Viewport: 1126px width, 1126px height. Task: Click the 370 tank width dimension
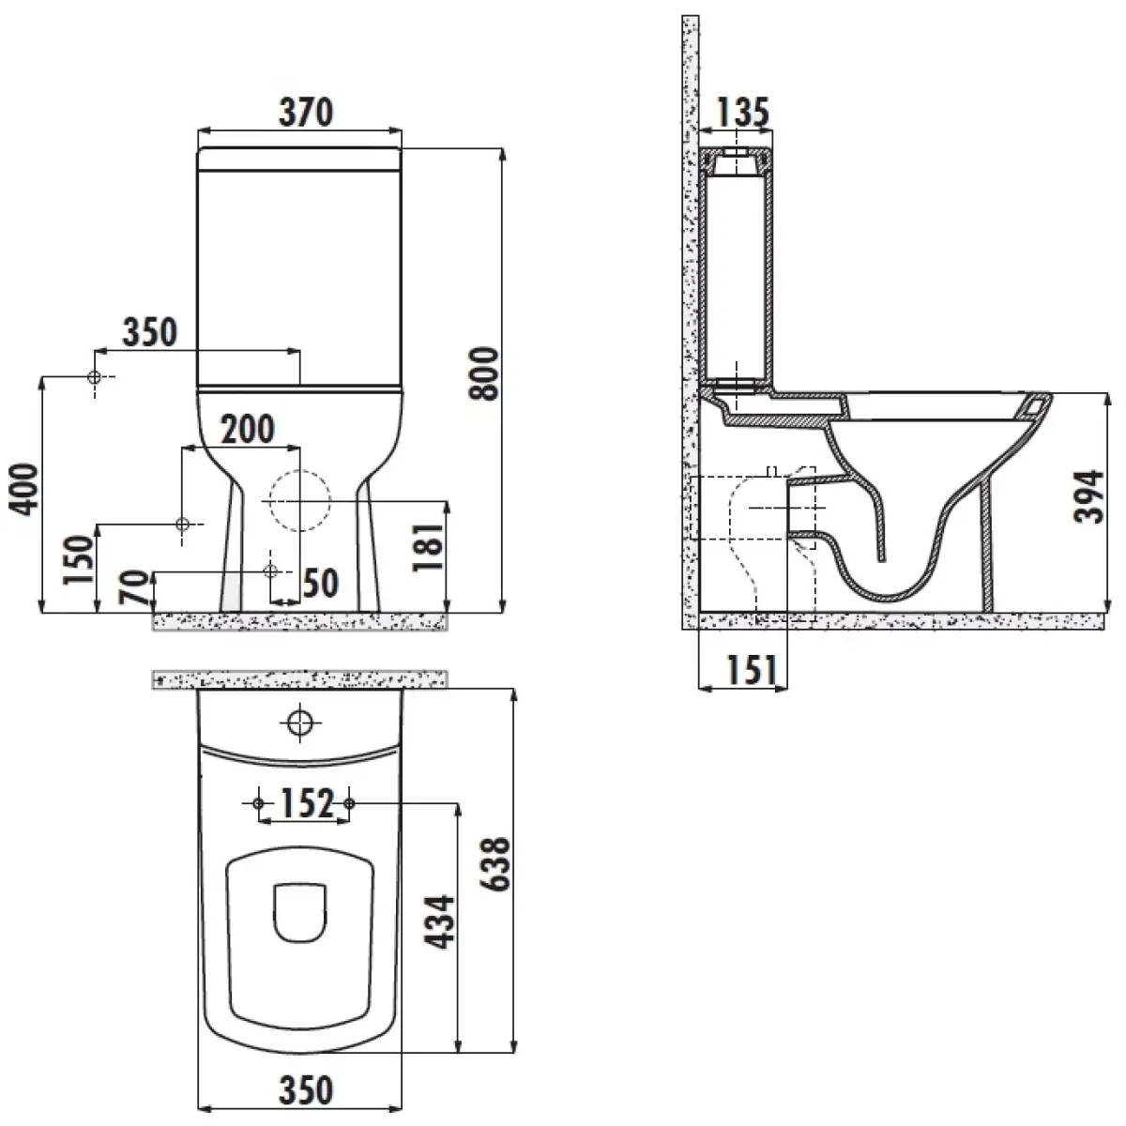[306, 113]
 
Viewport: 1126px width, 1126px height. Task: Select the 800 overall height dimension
[484, 373]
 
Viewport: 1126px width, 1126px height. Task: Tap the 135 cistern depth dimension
[742, 113]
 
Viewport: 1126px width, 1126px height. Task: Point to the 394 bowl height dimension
[1089, 496]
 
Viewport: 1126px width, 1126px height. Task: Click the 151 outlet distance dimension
[752, 670]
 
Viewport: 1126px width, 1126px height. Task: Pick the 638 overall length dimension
[495, 864]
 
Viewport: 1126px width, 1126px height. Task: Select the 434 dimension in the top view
[439, 922]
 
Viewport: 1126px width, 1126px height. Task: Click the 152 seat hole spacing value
[308, 803]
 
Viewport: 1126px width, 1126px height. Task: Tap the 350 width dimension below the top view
[306, 1089]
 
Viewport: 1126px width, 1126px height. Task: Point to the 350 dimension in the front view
[149, 332]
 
